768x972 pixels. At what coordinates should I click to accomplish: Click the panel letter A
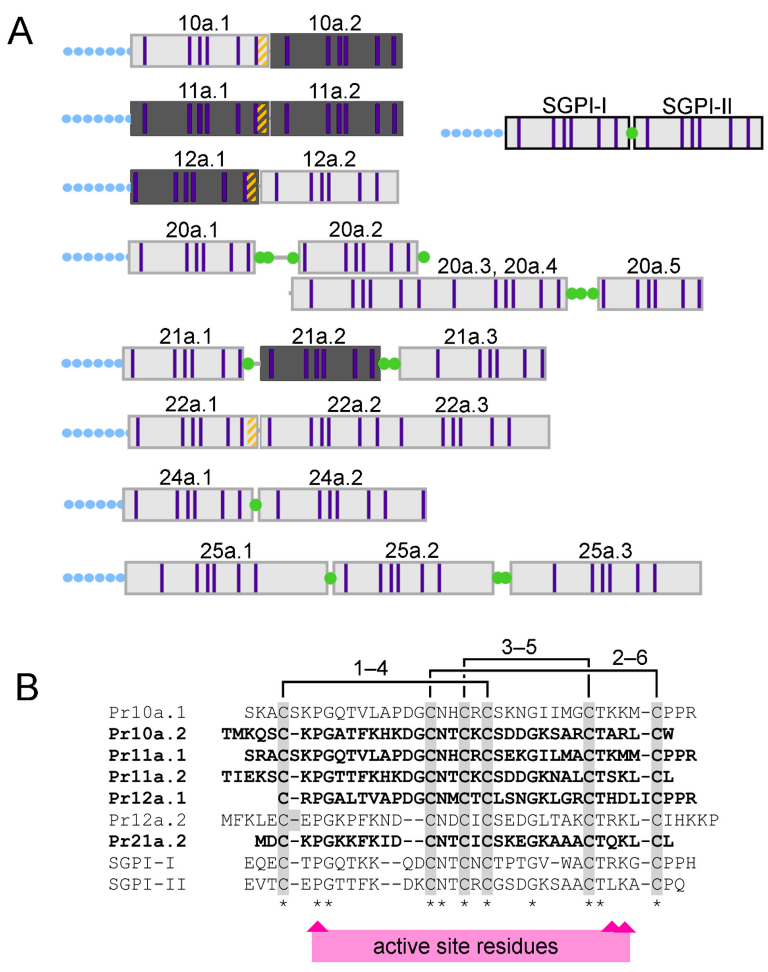[20, 32]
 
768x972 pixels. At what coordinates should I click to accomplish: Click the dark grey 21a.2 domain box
[320, 363]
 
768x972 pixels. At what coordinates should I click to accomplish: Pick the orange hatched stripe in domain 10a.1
[263, 51]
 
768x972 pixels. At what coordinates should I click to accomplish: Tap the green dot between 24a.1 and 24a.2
[255, 505]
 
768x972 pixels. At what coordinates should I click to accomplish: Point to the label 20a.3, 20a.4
[497, 267]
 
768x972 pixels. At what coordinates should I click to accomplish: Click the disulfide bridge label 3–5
[519, 647]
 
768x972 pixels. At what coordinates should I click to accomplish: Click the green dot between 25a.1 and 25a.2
[331, 578]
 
